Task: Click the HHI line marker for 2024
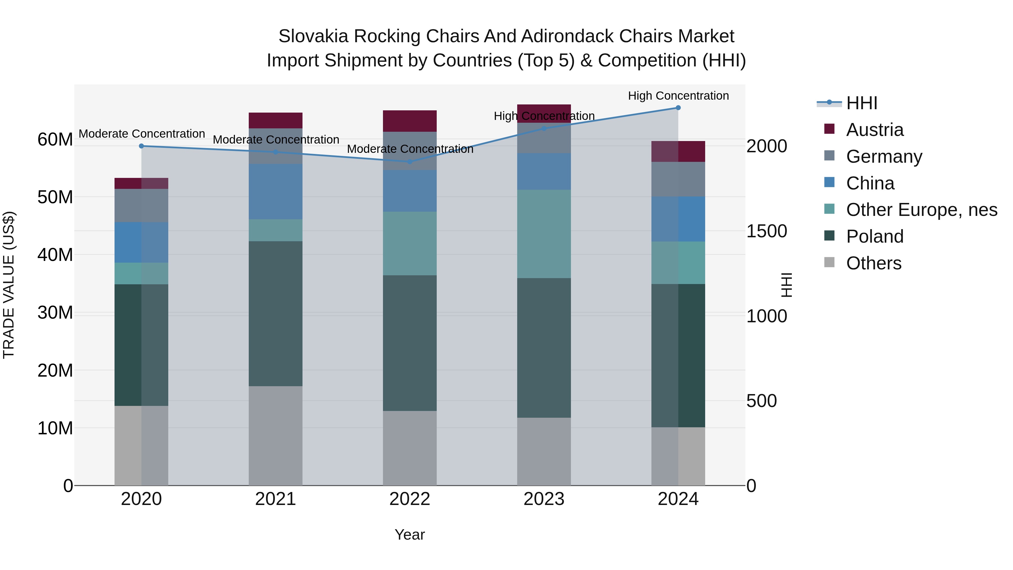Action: coord(678,108)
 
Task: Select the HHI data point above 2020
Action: coord(142,146)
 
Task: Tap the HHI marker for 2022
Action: coord(410,162)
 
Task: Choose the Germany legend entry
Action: coord(884,157)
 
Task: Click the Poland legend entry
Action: coord(875,236)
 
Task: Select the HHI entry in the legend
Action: coord(861,103)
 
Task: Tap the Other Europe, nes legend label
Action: coord(921,210)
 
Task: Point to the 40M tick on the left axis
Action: coord(55,255)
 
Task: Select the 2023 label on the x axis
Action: coord(544,499)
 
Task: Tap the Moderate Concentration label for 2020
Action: coord(142,134)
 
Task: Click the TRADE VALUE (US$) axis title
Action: coord(9,285)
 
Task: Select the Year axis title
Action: coord(410,535)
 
